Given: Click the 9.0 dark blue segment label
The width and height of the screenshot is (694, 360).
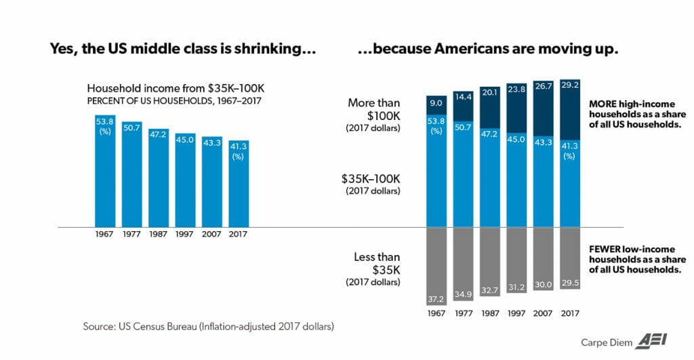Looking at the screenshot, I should click(x=436, y=104).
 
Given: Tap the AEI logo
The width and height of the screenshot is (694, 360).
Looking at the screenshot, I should click(x=649, y=342).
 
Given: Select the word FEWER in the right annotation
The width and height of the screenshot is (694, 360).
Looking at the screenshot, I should click(x=604, y=250).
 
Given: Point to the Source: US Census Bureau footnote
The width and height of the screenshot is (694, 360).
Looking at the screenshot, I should click(x=209, y=327).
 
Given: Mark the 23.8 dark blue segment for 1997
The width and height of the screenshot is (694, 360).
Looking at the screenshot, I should click(x=516, y=108).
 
